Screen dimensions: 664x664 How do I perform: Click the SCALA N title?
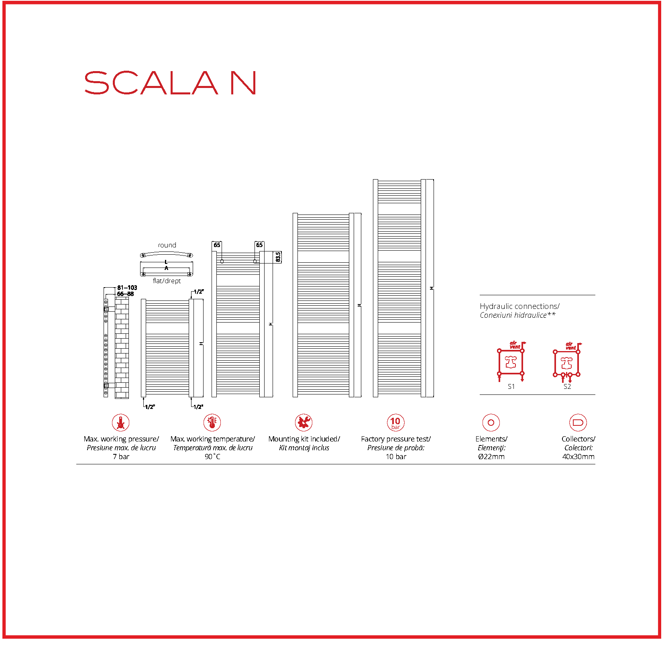(x=170, y=83)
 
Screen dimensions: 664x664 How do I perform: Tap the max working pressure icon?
(x=120, y=423)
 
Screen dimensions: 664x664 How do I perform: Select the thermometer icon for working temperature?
(x=212, y=423)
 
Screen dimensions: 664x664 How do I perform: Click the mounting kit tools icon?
(x=304, y=423)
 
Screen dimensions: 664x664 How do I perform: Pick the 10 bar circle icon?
(x=395, y=423)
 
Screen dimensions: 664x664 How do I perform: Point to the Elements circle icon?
(x=491, y=423)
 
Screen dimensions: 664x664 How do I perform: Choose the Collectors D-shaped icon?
(x=578, y=423)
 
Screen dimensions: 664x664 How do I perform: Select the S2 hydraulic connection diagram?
(x=566, y=363)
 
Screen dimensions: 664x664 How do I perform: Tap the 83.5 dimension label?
(x=278, y=257)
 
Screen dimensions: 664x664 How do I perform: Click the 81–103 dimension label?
(x=127, y=288)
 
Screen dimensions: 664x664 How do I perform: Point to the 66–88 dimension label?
(x=125, y=294)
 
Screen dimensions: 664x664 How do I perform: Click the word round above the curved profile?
(x=167, y=245)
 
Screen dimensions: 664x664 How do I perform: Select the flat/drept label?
(x=167, y=281)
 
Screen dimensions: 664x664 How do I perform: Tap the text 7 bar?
(x=121, y=457)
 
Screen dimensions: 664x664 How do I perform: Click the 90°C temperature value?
(x=212, y=457)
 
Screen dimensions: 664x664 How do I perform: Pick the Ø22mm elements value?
(x=491, y=457)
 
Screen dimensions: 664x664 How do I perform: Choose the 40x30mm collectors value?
(x=578, y=457)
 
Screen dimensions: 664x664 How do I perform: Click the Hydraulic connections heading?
(x=519, y=306)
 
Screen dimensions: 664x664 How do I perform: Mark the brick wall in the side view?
(x=122, y=347)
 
